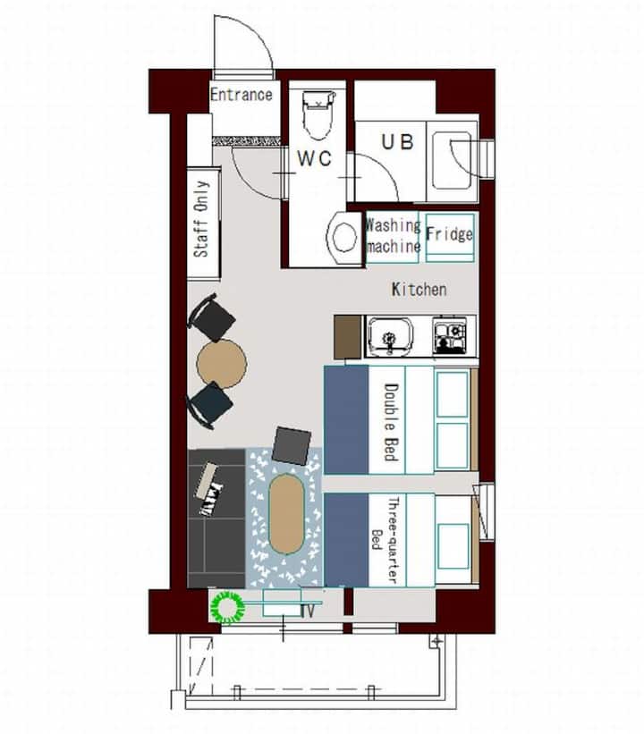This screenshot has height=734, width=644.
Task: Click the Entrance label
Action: pyautogui.click(x=241, y=95)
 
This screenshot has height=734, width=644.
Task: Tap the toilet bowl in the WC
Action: pyautogui.click(x=318, y=115)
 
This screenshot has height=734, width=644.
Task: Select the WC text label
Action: pyautogui.click(x=315, y=158)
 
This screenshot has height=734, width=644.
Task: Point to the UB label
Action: pyautogui.click(x=398, y=142)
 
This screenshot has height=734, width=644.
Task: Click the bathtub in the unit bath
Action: pyautogui.click(x=453, y=160)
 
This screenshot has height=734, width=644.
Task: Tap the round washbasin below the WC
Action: pyautogui.click(x=345, y=238)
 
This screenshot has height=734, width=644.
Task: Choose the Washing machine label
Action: pyautogui.click(x=393, y=236)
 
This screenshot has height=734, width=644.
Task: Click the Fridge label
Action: pyautogui.click(x=449, y=233)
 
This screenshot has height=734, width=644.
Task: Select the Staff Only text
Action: pyautogui.click(x=201, y=219)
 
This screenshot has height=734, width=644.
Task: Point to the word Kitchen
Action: pyautogui.click(x=419, y=290)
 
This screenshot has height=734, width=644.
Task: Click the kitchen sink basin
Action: pyautogui.click(x=390, y=335)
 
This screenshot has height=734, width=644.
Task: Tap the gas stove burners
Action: pyautogui.click(x=450, y=335)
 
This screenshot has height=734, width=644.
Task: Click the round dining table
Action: pyautogui.click(x=222, y=364)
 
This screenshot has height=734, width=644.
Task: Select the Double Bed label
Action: pyautogui.click(x=391, y=422)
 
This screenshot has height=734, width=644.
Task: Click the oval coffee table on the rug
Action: pyautogui.click(x=286, y=513)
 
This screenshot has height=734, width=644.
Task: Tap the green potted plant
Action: pyautogui.click(x=228, y=608)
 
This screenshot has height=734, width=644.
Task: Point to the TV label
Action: pyautogui.click(x=308, y=611)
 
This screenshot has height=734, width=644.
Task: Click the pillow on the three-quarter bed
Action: pyautogui.click(x=453, y=546)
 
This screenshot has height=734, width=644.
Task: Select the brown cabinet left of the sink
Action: pyautogui.click(x=348, y=336)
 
